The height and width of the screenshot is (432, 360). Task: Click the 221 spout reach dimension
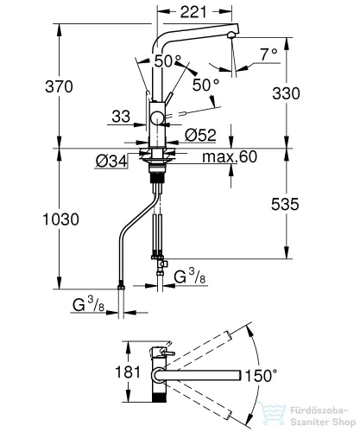tap(193, 12)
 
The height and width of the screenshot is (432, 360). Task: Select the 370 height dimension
tap(59, 86)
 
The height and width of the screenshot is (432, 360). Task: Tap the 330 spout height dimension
tap(286, 93)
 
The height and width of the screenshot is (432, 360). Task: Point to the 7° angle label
tap(269, 54)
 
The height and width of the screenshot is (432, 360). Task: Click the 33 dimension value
tap(121, 117)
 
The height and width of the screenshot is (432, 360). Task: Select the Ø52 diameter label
tap(200, 135)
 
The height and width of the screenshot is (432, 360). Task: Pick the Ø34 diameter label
tap(111, 162)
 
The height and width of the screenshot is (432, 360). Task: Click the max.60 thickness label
tap(230, 157)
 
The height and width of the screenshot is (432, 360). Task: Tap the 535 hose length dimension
tap(285, 204)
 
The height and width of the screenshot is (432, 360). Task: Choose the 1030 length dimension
tap(60, 219)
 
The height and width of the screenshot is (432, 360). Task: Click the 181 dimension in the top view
tap(128, 372)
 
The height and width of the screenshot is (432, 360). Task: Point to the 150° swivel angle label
tap(261, 376)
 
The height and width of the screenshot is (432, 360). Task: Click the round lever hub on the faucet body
tap(157, 118)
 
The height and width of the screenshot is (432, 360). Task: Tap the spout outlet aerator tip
tap(231, 35)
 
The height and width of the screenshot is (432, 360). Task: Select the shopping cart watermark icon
tap(271, 414)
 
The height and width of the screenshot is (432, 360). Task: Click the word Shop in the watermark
tap(343, 422)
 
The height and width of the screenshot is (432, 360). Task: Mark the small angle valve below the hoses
tap(161, 265)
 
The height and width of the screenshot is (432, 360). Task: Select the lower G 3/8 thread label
tap(88, 304)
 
